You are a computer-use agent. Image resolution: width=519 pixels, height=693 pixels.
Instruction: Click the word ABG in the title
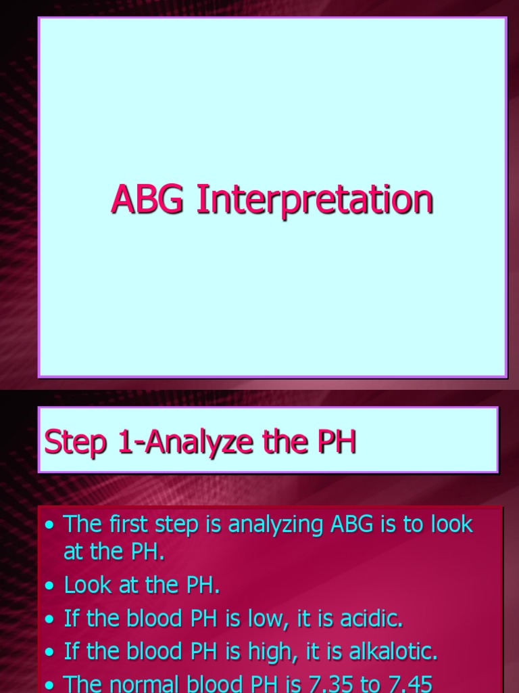tap(147, 200)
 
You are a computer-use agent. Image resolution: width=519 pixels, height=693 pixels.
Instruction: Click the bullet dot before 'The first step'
tap(49, 525)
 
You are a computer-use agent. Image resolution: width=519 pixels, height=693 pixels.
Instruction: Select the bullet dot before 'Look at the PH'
tap(49, 586)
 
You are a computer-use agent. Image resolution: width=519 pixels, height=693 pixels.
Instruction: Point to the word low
tap(279, 619)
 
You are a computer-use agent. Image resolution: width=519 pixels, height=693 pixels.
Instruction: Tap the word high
tap(282, 652)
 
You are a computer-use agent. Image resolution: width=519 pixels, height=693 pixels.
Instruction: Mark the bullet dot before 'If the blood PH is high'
tap(49, 652)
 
